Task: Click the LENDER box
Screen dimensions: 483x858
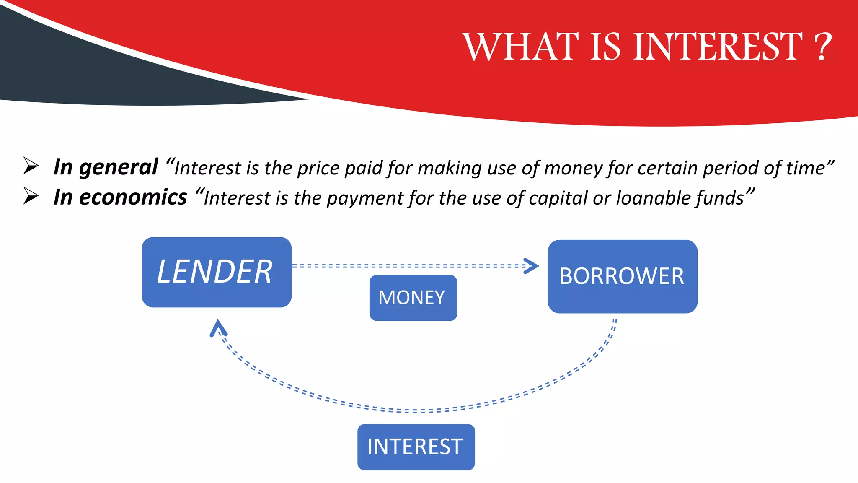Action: tap(216, 272)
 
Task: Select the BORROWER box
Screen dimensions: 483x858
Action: tap(622, 276)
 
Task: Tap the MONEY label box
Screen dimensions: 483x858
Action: tap(413, 298)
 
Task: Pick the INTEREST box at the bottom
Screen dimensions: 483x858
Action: tap(416, 447)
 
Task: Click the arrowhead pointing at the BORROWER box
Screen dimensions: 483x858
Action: tap(531, 266)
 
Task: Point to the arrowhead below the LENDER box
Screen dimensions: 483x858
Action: tap(218, 328)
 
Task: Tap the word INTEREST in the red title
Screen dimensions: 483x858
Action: tap(717, 47)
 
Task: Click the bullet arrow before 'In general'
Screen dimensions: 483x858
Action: tap(31, 166)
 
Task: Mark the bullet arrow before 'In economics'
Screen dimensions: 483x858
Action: tap(31, 196)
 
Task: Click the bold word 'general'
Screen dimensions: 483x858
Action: tap(119, 168)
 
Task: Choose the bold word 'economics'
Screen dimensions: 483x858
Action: tap(133, 197)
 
